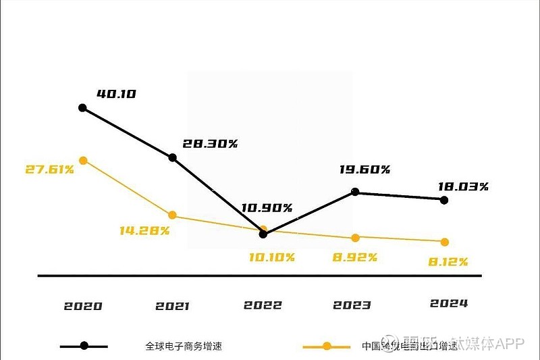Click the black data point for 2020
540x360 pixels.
pyautogui.click(x=82, y=107)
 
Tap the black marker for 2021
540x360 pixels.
pyautogui.click(x=172, y=157)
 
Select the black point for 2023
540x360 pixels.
pyautogui.click(x=356, y=192)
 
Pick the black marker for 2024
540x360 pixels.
pyautogui.click(x=443, y=200)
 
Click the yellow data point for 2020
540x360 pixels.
pyautogui.click(x=83, y=160)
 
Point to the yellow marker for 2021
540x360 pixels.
pyautogui.click(x=172, y=215)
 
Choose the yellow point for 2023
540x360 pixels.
pyautogui.click(x=356, y=237)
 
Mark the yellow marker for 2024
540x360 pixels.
pyautogui.click(x=444, y=242)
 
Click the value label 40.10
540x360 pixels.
pyautogui.click(x=117, y=94)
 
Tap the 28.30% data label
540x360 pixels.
pyautogui.click(x=210, y=144)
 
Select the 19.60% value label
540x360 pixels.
pyautogui.click(x=364, y=170)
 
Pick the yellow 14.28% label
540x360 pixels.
pyautogui.click(x=144, y=230)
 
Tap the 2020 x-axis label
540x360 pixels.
pyautogui.click(x=83, y=306)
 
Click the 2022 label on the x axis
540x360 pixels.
pyautogui.click(x=263, y=305)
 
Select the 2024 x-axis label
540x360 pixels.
pyautogui.click(x=449, y=303)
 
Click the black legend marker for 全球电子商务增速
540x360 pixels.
pyautogui.click(x=84, y=346)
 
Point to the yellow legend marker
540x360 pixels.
pyautogui.click(x=327, y=346)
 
